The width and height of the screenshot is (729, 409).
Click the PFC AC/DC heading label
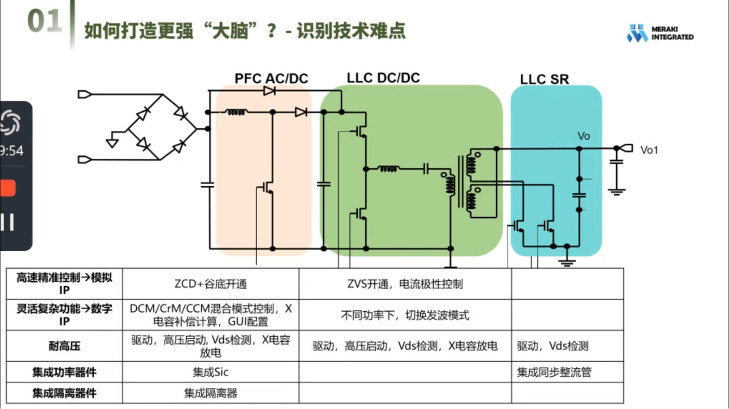click(x=271, y=78)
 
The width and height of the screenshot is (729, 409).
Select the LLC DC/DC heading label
click(x=383, y=77)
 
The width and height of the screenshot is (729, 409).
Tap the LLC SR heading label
click(x=544, y=79)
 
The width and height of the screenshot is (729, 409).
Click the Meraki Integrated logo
click(x=660, y=33)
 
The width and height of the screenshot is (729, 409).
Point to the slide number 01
click(x=44, y=21)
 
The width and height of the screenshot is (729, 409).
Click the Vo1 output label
click(x=649, y=150)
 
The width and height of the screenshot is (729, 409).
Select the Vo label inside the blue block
click(x=584, y=136)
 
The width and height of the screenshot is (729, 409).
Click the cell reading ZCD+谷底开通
click(x=211, y=284)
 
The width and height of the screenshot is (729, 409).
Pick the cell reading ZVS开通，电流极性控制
click(x=405, y=284)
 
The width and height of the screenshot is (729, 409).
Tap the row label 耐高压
click(x=64, y=346)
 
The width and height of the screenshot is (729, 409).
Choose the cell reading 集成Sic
click(x=211, y=372)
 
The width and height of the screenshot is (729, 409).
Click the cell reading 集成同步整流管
click(x=554, y=372)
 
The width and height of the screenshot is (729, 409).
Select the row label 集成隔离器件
click(x=64, y=393)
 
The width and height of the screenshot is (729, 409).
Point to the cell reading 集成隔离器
click(x=211, y=393)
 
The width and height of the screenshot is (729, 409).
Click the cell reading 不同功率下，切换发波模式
click(x=405, y=315)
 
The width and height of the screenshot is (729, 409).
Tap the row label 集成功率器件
click(x=64, y=372)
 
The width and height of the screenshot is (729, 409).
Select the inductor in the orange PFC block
click(x=236, y=112)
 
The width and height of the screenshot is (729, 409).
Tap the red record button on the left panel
click(x=8, y=188)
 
